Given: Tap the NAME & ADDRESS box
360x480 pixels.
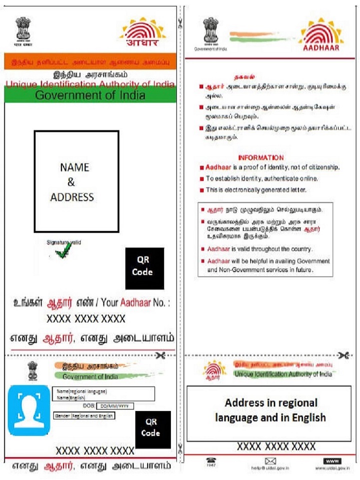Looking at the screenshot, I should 76,181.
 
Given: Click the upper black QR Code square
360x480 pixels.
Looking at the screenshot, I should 144,268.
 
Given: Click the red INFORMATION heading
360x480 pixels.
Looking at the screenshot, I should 260,157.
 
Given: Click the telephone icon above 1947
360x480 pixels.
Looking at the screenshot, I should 211,460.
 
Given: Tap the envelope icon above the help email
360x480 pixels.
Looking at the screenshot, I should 271,460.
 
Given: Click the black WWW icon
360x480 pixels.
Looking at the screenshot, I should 332,460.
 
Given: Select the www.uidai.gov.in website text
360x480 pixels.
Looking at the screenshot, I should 331,468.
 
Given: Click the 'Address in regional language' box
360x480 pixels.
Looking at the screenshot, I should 268,413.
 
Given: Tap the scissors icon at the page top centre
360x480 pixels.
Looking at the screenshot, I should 179,22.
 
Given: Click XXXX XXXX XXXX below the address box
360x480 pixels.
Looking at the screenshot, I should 269,446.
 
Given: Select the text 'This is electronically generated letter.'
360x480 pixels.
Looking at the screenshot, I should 255,190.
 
